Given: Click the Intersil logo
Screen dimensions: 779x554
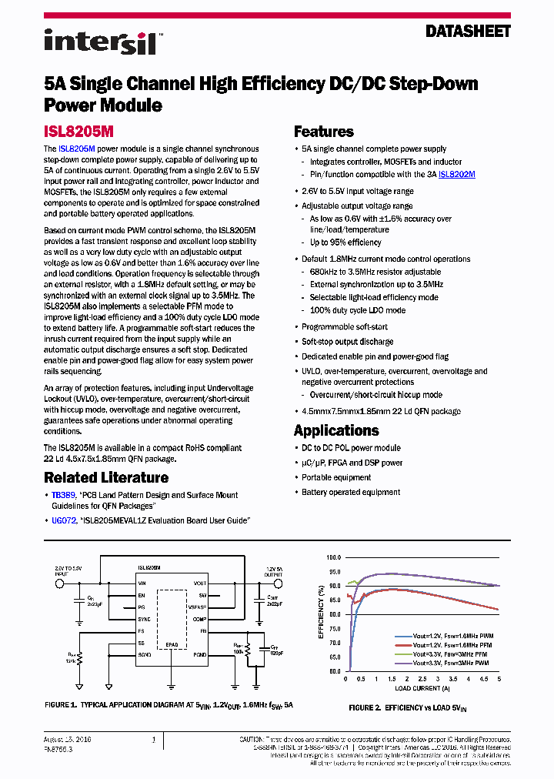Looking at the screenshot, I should click(100, 42).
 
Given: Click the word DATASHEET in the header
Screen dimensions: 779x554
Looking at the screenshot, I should click(468, 32).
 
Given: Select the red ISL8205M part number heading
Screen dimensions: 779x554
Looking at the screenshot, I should click(78, 132).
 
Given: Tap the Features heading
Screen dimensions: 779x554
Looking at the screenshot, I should click(324, 132).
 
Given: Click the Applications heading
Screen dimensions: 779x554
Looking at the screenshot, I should click(336, 430).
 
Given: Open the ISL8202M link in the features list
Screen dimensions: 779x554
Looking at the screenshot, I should click(456, 175).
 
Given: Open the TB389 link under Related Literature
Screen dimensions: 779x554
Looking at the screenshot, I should click(62, 495).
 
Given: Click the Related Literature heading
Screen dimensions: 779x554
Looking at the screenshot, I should click(106, 477).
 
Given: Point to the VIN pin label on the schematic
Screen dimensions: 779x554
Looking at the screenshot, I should click(142, 583).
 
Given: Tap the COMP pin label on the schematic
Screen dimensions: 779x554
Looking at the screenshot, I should click(200, 618).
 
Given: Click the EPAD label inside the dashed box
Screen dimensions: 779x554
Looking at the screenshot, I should click(172, 645).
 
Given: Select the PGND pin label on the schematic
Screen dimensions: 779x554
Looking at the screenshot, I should click(200, 654).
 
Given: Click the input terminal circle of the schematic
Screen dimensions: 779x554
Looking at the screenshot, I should click(58, 583).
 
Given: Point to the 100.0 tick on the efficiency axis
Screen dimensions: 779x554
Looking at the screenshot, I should click(333, 557).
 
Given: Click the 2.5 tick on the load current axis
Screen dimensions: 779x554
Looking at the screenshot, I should click(422, 680).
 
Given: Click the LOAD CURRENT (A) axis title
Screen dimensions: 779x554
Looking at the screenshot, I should click(422, 688).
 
